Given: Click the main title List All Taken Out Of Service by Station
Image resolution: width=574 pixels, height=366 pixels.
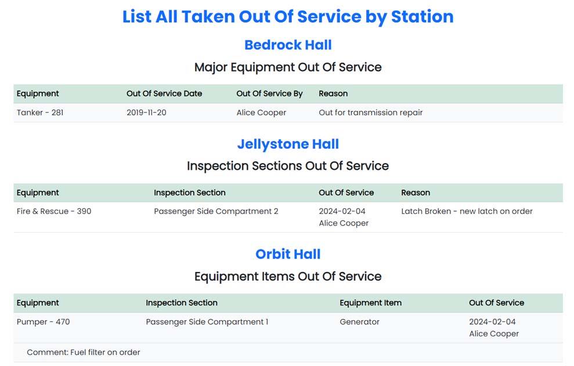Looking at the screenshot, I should [288, 17].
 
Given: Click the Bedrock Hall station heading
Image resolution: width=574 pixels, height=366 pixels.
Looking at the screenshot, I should [288, 45].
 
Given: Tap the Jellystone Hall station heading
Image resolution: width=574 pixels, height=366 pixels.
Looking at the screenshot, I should [288, 144].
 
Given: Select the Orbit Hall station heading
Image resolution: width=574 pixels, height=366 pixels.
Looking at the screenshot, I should [288, 254].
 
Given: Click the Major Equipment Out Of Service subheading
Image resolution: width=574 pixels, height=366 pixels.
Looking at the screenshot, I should [288, 67].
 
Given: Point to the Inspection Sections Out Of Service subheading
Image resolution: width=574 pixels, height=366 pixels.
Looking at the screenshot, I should [288, 166].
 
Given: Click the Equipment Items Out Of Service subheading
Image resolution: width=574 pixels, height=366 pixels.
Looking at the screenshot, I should [288, 276].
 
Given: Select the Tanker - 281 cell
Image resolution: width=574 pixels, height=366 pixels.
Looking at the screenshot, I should [40, 113].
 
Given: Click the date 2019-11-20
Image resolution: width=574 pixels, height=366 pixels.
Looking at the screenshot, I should [146, 113].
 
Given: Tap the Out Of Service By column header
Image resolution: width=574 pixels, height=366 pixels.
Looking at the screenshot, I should [269, 93].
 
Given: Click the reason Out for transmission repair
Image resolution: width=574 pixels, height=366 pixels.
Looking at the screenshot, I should [370, 113].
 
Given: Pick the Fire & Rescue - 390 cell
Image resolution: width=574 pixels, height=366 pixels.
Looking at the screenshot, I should [54, 211].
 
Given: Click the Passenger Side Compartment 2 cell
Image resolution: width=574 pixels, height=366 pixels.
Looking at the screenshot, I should [216, 211].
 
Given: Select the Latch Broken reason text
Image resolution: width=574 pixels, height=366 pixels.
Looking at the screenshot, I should [467, 211].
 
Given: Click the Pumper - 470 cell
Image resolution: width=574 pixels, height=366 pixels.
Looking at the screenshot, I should [43, 321].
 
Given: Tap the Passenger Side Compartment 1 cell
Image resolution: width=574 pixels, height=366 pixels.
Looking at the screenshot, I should [207, 321].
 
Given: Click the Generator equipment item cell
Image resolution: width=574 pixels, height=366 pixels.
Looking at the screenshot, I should [359, 321].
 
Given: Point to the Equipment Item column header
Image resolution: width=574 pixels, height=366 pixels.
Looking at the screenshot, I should [370, 303].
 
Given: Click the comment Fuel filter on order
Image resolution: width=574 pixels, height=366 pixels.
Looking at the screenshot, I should [84, 352].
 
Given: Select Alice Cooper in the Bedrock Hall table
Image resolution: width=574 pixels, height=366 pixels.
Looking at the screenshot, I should [261, 113].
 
